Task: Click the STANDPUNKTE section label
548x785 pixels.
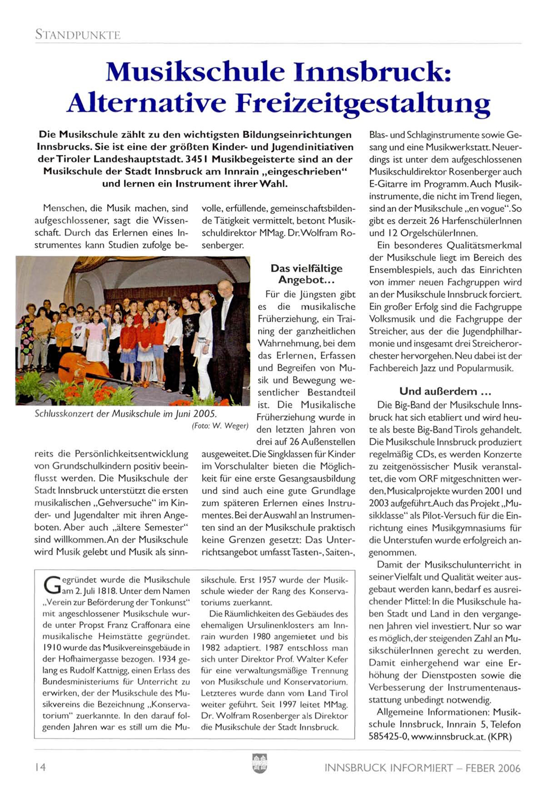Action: coord(78,35)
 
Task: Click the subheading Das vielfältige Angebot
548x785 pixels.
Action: coord(306,274)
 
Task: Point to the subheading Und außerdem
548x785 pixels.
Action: coord(445,391)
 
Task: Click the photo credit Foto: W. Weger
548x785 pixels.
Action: coord(220,426)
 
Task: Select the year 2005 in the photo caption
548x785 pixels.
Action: coord(205,414)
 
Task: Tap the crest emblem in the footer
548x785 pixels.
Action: coord(259,763)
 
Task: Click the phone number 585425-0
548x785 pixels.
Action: coord(386,737)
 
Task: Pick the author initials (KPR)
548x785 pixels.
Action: coord(500,737)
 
